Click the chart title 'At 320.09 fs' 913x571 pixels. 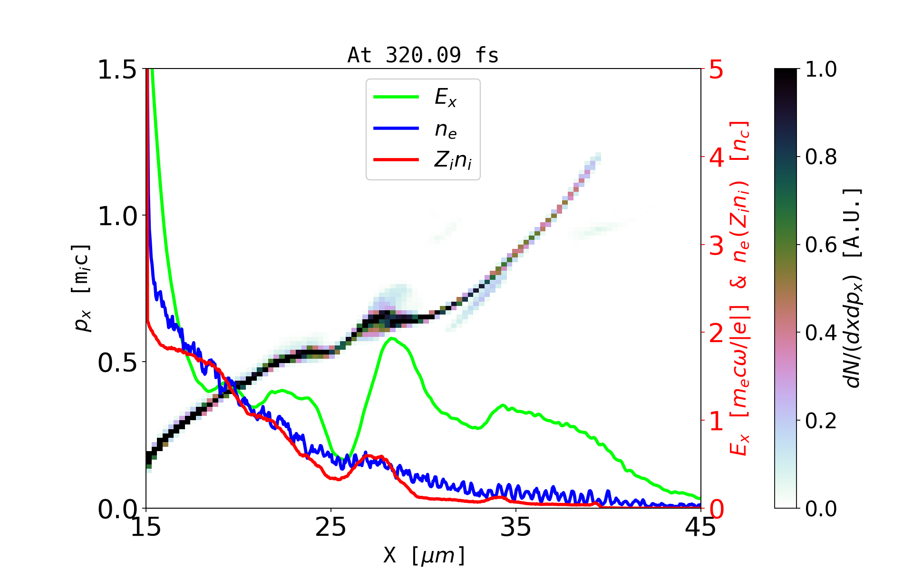(x=423, y=55)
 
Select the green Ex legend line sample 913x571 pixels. (x=396, y=97)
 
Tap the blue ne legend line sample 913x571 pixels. (x=396, y=128)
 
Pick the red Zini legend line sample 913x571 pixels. (x=396, y=159)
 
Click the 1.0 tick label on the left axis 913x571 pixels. (x=117, y=217)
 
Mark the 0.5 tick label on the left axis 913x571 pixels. (x=117, y=363)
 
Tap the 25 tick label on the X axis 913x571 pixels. (x=331, y=527)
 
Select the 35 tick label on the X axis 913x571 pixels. (x=516, y=527)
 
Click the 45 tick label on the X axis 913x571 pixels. (x=700, y=527)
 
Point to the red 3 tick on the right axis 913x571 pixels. (x=717, y=246)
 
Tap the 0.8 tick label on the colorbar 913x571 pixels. (x=821, y=157)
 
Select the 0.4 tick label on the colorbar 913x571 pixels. (x=821, y=333)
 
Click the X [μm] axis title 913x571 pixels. (x=425, y=555)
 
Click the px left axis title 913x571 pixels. (x=82, y=288)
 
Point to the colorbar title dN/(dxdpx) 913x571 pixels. (x=854, y=288)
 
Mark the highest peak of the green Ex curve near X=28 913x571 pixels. (x=392, y=338)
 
